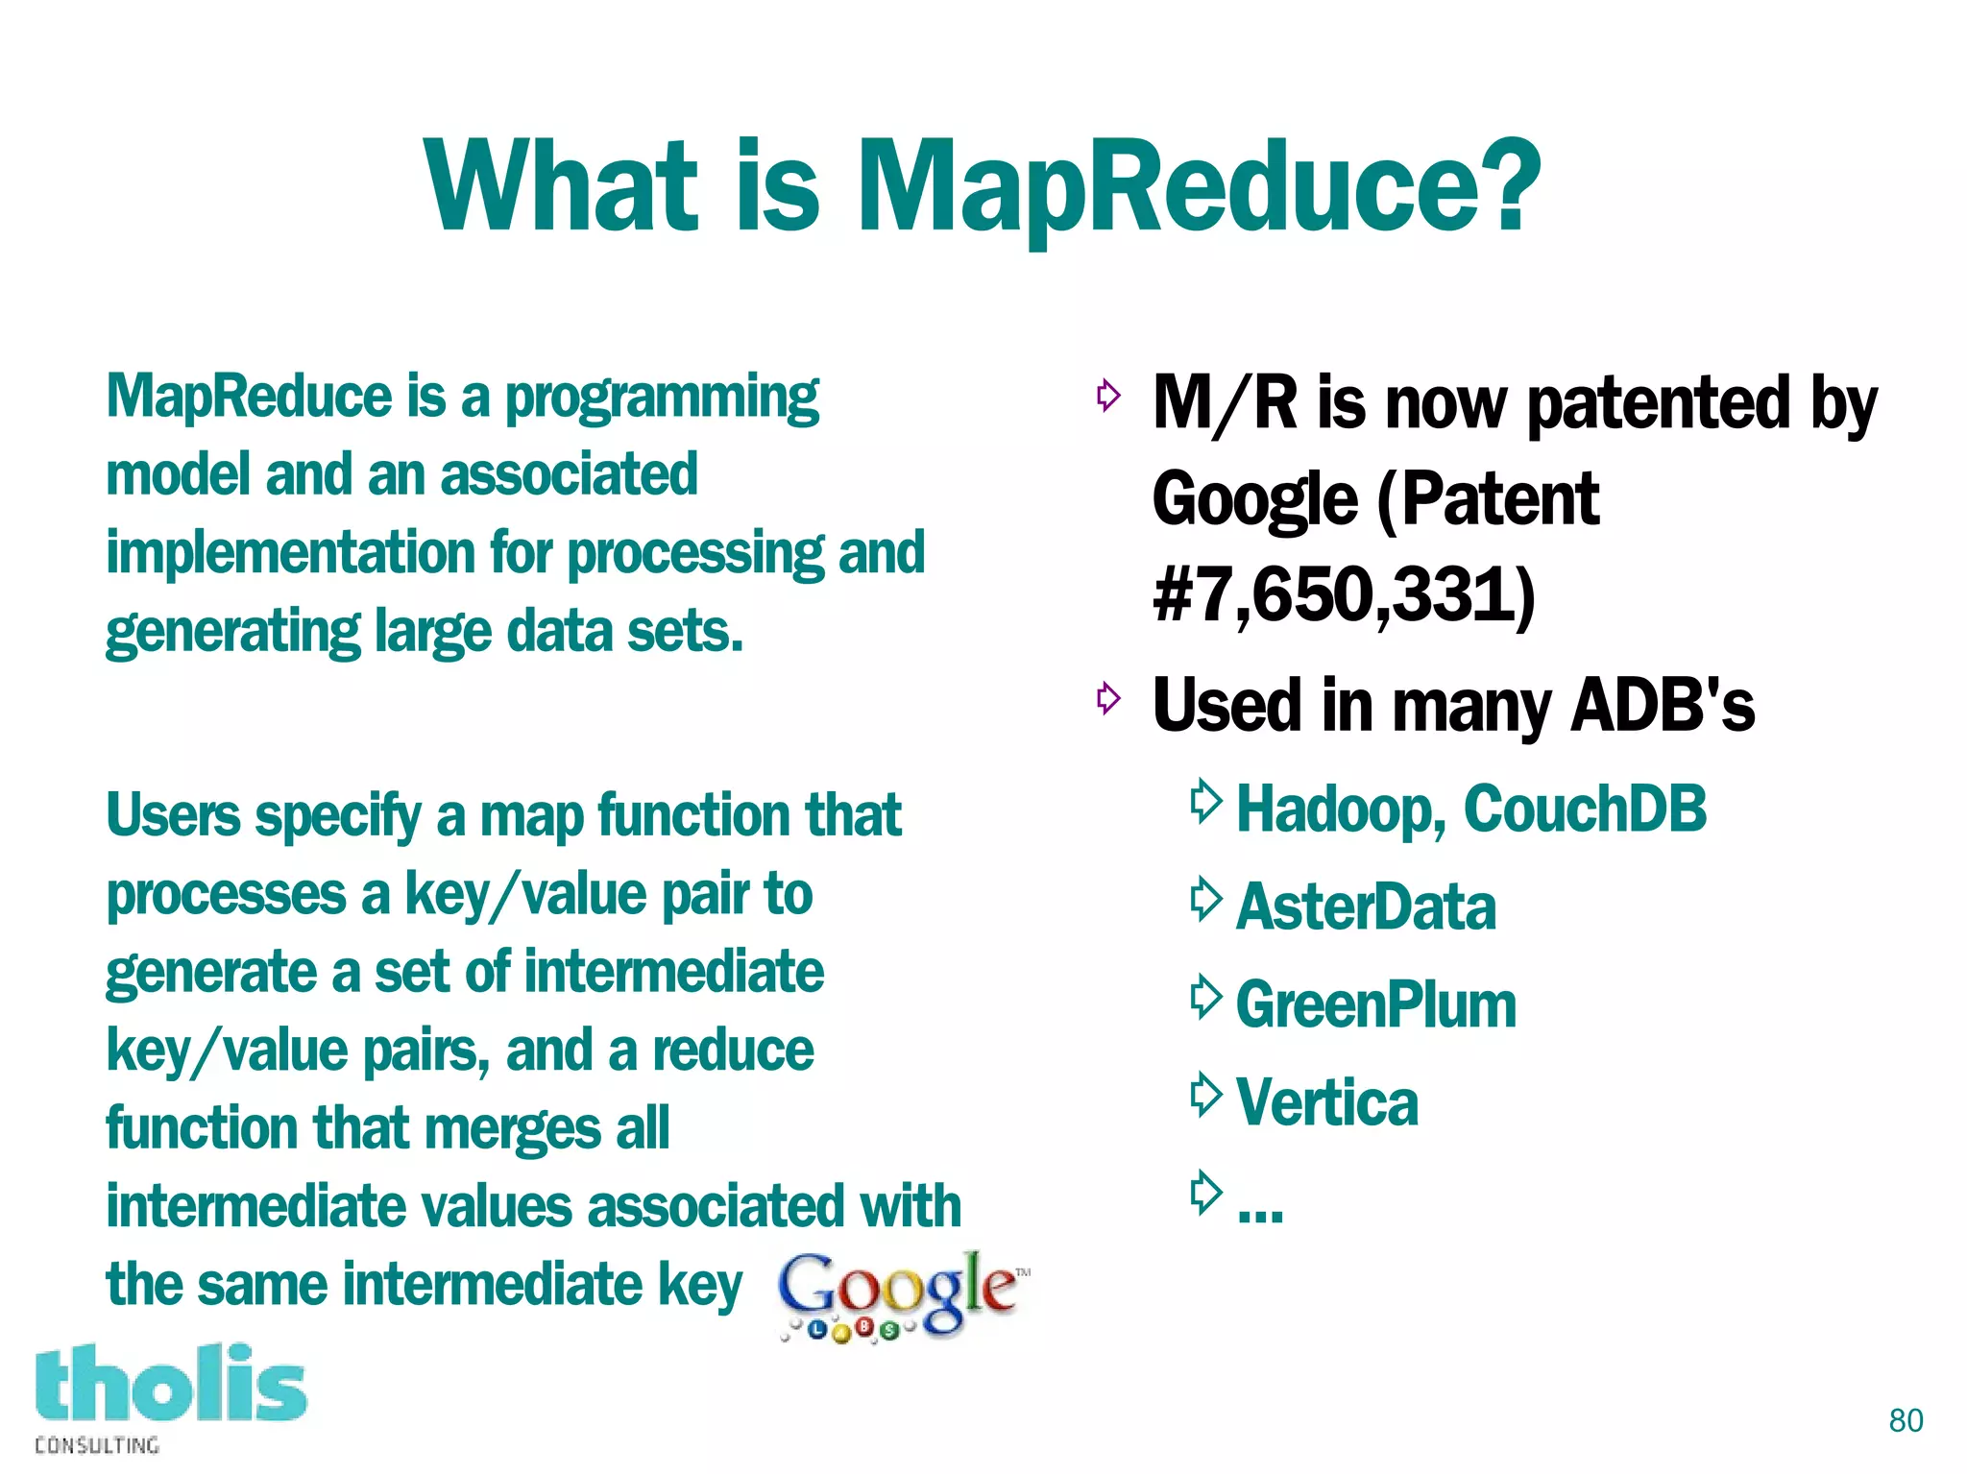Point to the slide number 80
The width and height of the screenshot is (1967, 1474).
click(1906, 1420)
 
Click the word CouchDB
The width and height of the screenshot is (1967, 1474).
click(1585, 809)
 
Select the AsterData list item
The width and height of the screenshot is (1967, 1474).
click(1366, 907)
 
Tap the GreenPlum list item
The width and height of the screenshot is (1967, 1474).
click(1375, 1005)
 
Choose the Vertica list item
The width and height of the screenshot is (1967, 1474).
click(1326, 1102)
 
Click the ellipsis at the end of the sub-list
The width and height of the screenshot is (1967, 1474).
click(1260, 1212)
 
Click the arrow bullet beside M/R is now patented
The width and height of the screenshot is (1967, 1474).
click(1108, 395)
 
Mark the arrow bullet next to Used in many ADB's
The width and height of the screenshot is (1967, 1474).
click(1108, 698)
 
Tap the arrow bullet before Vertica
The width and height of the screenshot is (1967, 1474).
click(1204, 1095)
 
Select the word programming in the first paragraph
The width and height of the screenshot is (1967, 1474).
click(662, 399)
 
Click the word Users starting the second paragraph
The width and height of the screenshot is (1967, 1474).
click(173, 816)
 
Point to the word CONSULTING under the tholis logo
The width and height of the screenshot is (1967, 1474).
click(97, 1445)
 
